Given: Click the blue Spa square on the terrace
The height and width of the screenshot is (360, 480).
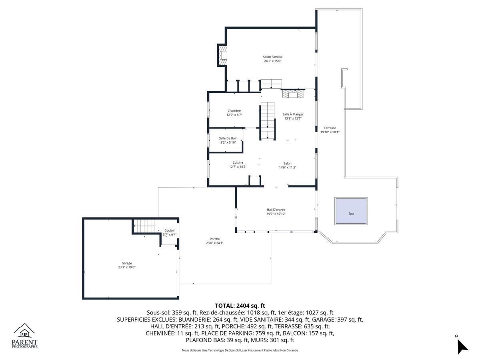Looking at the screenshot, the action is (x=351, y=211).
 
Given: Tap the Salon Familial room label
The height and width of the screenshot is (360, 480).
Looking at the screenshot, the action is (x=272, y=57).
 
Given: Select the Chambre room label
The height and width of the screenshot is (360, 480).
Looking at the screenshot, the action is (x=234, y=111).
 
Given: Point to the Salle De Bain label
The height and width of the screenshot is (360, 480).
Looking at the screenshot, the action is (x=228, y=138).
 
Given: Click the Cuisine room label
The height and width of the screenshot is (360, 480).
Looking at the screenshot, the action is (x=238, y=163).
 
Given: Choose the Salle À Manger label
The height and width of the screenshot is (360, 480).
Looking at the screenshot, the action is (x=293, y=114).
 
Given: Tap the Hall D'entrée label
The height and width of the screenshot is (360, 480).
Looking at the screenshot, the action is (x=276, y=210).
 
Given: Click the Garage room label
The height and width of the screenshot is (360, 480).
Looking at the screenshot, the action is (x=127, y=263).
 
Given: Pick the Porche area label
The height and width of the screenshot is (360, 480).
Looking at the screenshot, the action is (x=214, y=239).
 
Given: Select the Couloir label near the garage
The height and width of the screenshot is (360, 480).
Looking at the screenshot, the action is (x=170, y=230).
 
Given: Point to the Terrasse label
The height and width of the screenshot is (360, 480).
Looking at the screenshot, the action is (x=330, y=128).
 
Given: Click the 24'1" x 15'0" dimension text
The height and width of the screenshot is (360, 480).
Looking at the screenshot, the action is (x=272, y=61).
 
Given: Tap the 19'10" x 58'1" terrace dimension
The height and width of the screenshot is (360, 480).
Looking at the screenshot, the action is (x=330, y=132).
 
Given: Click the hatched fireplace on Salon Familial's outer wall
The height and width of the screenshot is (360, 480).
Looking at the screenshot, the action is (x=222, y=55).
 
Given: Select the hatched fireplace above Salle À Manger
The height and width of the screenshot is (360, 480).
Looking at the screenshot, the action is (x=292, y=94).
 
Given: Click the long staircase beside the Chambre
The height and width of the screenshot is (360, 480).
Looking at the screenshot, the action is (x=268, y=121).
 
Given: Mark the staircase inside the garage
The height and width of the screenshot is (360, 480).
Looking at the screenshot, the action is (x=144, y=226).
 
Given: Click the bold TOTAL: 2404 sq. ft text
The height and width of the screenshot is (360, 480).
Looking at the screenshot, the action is (x=240, y=306).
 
